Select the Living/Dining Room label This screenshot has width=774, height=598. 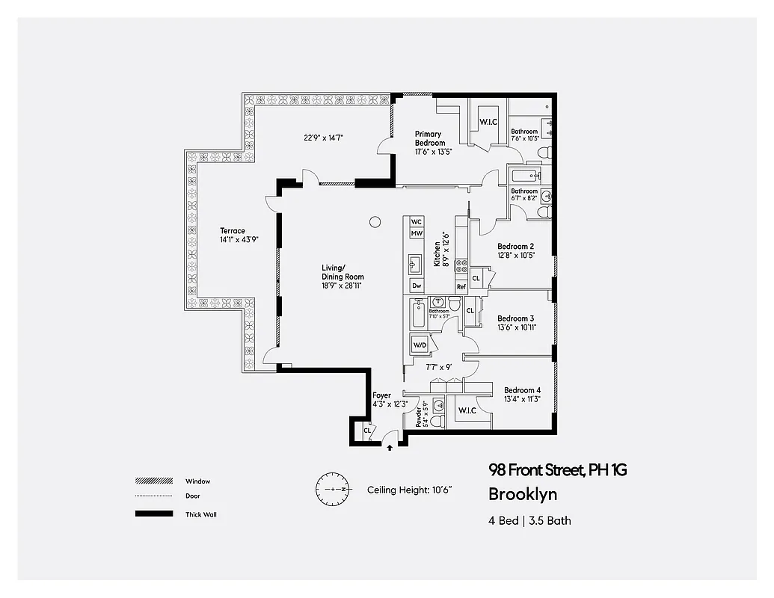334,272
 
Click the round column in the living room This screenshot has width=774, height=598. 375,221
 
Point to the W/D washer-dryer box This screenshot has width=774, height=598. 419,345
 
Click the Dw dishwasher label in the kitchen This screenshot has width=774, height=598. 417,286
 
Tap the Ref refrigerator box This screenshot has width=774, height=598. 461,286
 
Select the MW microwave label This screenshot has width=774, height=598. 417,234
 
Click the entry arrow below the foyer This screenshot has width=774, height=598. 390,448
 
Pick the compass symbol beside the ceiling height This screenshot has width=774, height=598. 331,490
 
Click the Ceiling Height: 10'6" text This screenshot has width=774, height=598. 410,490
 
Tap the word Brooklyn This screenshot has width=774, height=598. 522,494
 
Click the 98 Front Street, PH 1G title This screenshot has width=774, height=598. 557,470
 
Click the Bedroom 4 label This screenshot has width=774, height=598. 522,390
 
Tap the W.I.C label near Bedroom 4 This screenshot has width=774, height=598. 467,410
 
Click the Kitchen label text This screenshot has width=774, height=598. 437,253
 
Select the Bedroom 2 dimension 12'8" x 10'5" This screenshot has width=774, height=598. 516,255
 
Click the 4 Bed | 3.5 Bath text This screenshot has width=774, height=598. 529,520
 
